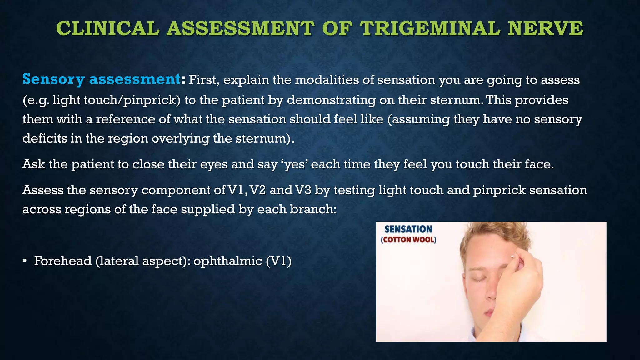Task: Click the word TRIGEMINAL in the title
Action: point(430,29)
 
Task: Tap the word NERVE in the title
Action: point(545,29)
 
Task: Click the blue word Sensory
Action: point(53,79)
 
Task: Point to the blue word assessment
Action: point(135,79)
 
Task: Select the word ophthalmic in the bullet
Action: point(227,261)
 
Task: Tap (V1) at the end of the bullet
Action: point(278,261)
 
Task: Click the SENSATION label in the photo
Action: point(408,229)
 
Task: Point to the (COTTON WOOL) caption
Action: point(408,240)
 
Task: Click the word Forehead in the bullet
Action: point(63,261)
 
